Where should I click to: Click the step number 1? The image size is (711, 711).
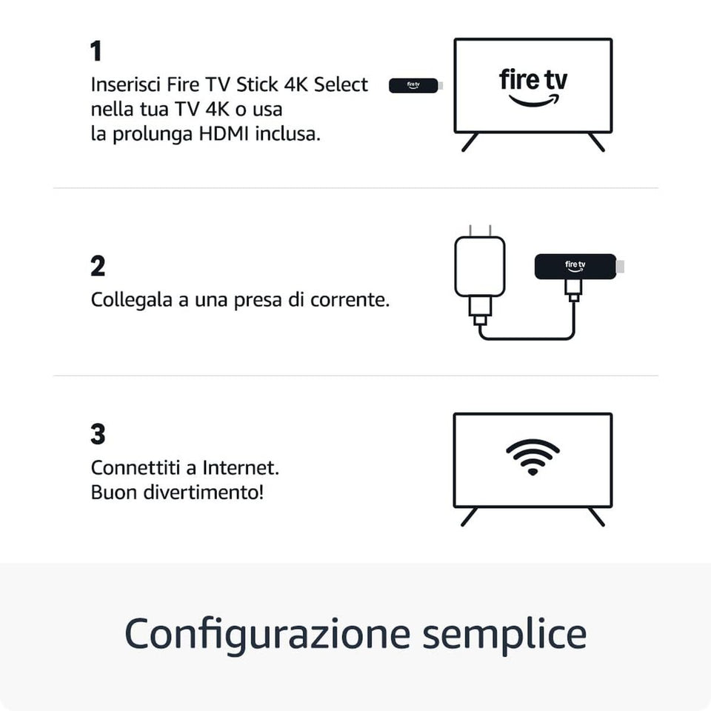coord(96,52)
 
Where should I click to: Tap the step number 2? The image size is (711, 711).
coord(98,267)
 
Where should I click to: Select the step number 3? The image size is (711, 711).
coord(98,435)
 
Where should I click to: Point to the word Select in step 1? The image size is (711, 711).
coord(341,84)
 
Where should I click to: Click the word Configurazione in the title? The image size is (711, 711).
coord(266,634)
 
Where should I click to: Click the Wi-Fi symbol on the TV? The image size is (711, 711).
coord(533,455)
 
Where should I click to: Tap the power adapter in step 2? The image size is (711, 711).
coord(479,267)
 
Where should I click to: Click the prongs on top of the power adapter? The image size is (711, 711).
coord(479,230)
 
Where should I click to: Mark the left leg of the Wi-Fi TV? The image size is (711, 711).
coord(470,517)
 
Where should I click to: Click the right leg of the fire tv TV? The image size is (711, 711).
coord(596,142)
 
